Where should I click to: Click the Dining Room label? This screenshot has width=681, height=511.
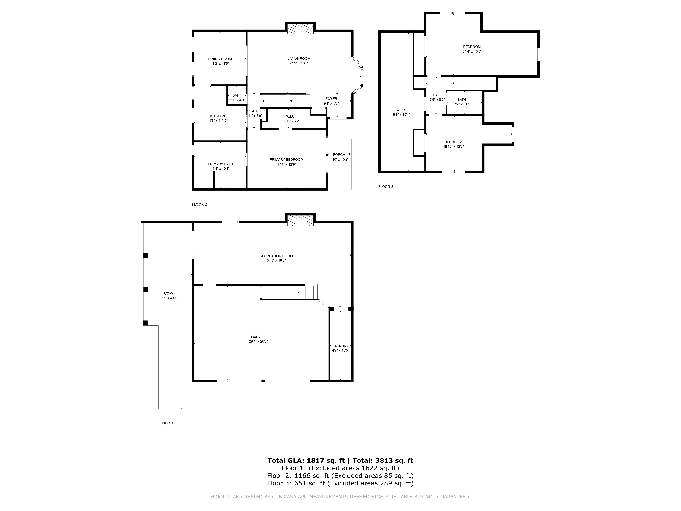(220, 59)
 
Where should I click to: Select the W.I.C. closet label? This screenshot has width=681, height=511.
(291, 116)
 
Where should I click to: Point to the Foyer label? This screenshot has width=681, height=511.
(331, 99)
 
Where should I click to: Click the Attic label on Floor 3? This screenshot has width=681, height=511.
(401, 110)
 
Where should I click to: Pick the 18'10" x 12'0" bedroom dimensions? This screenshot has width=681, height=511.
(453, 147)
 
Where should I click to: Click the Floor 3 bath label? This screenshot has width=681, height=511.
(462, 99)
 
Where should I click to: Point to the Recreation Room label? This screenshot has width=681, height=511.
(276, 256)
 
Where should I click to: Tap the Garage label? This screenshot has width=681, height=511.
(258, 337)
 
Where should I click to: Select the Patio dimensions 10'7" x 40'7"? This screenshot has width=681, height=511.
(168, 298)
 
